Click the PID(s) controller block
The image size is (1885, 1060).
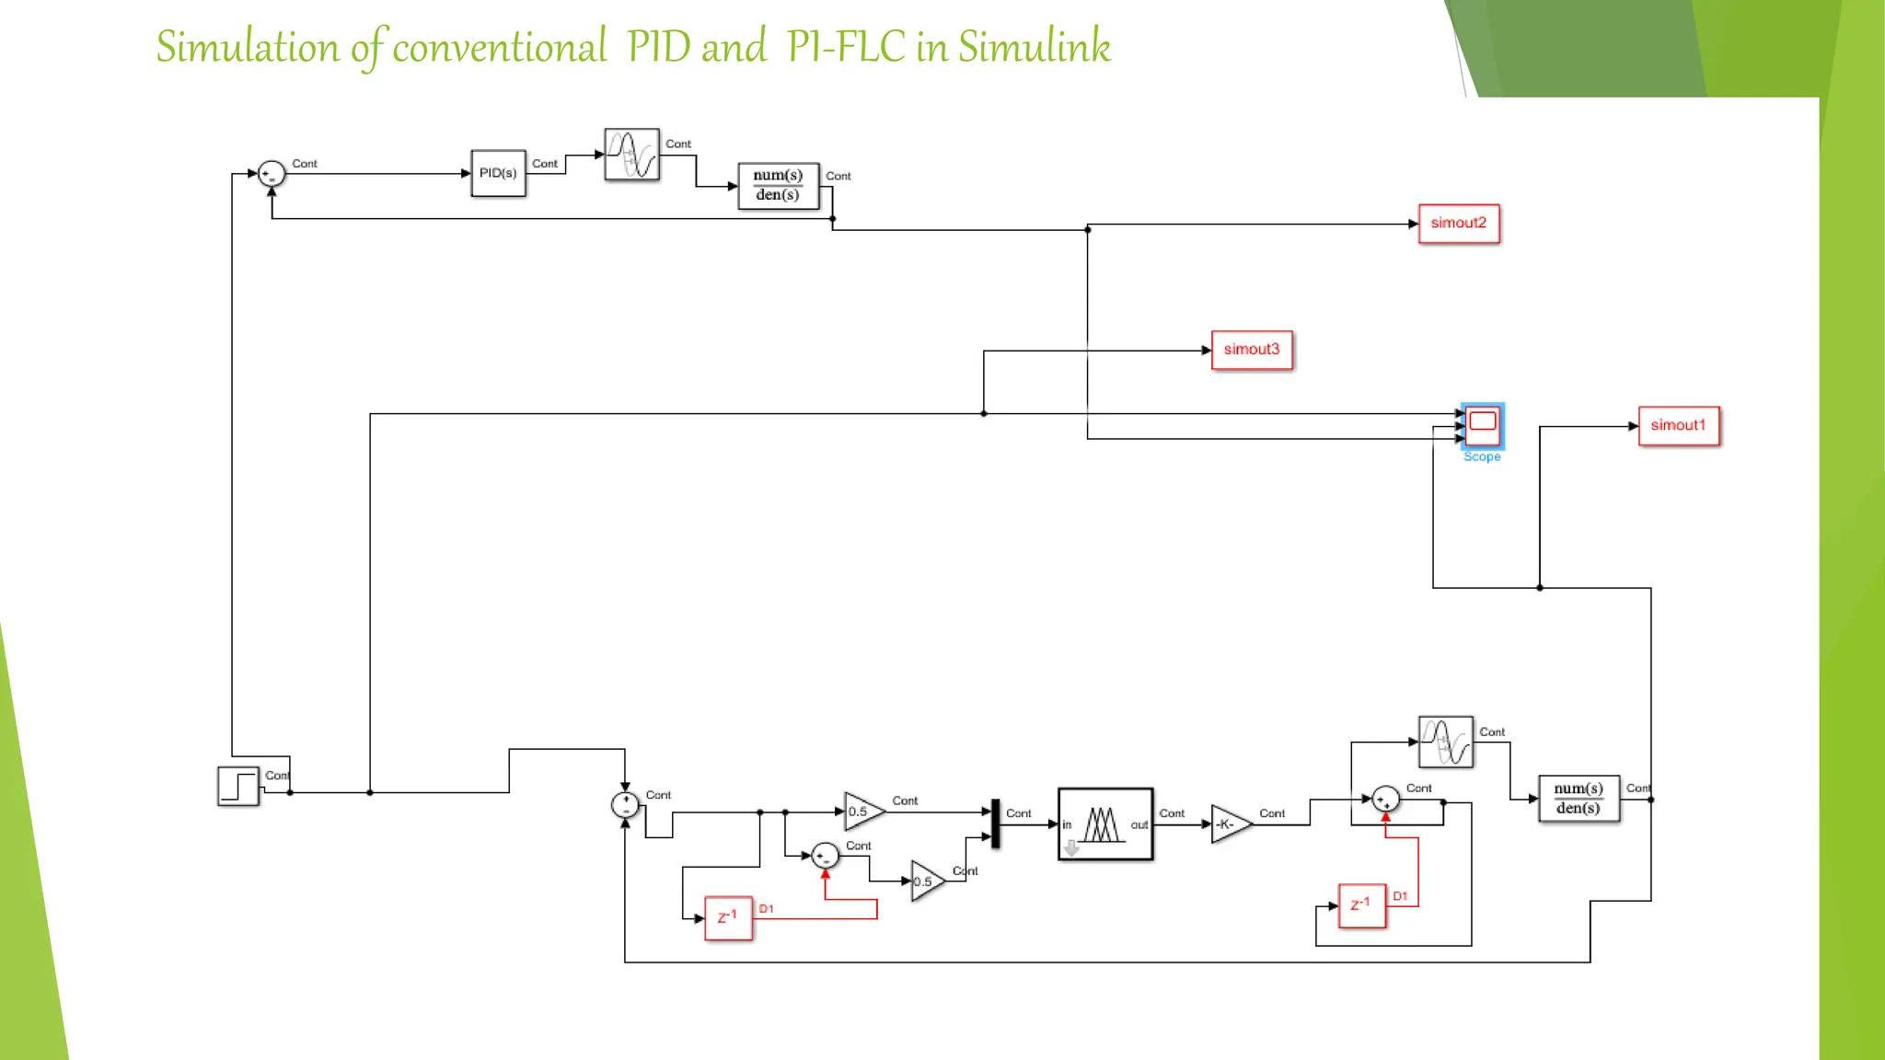(x=498, y=173)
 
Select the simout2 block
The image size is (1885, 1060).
(x=1459, y=224)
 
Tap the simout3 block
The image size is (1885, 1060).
(x=1252, y=350)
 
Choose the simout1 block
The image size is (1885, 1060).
(x=1678, y=426)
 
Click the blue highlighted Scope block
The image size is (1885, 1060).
(x=1482, y=425)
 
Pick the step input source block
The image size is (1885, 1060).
(x=238, y=787)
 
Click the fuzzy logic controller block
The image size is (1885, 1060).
(x=1104, y=824)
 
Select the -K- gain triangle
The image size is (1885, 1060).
(x=1230, y=824)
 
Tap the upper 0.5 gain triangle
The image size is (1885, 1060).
(x=862, y=812)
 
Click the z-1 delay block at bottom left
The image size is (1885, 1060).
(x=728, y=918)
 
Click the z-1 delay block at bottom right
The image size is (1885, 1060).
(x=1361, y=905)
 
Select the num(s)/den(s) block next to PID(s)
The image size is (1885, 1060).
(x=778, y=186)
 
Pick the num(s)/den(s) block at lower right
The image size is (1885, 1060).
(x=1579, y=799)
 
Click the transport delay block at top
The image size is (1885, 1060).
(x=631, y=155)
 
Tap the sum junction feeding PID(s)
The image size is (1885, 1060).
(x=272, y=174)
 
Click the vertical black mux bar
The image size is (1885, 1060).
(x=995, y=824)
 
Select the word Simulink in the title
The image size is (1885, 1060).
(x=1034, y=48)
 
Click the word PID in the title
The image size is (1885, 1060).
(x=659, y=48)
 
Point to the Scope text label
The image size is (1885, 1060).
(x=1482, y=457)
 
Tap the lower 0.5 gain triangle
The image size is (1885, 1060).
(x=926, y=881)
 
